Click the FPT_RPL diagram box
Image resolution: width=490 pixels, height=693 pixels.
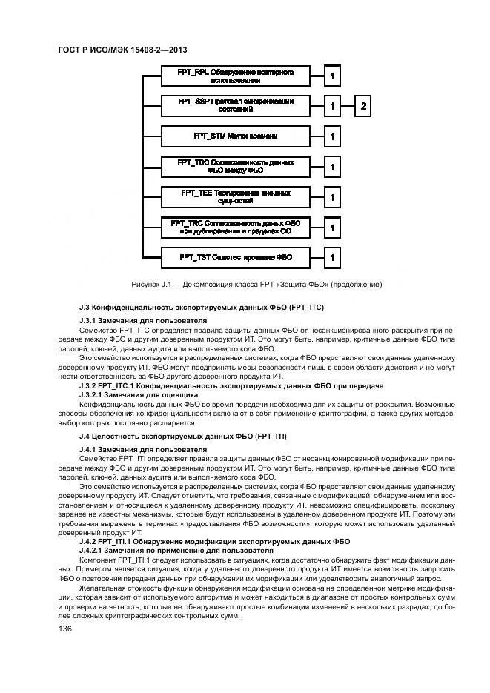(x=236, y=76)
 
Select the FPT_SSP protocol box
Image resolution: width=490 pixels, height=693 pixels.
(x=236, y=106)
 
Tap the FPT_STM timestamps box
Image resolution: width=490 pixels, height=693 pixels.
(x=236, y=136)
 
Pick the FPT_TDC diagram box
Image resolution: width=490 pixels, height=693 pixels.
(x=236, y=167)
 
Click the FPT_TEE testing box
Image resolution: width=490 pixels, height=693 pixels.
(x=236, y=197)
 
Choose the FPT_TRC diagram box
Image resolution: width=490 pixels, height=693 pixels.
(x=236, y=227)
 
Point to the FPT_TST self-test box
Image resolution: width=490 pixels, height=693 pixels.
(x=236, y=257)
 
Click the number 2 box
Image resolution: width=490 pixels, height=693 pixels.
(x=363, y=106)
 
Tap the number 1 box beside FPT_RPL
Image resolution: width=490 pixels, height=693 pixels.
(x=333, y=76)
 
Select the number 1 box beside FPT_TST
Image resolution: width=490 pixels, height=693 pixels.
(x=333, y=257)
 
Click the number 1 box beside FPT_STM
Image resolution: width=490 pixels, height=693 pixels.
(x=333, y=136)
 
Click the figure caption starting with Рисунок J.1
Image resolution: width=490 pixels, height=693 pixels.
(x=256, y=284)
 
